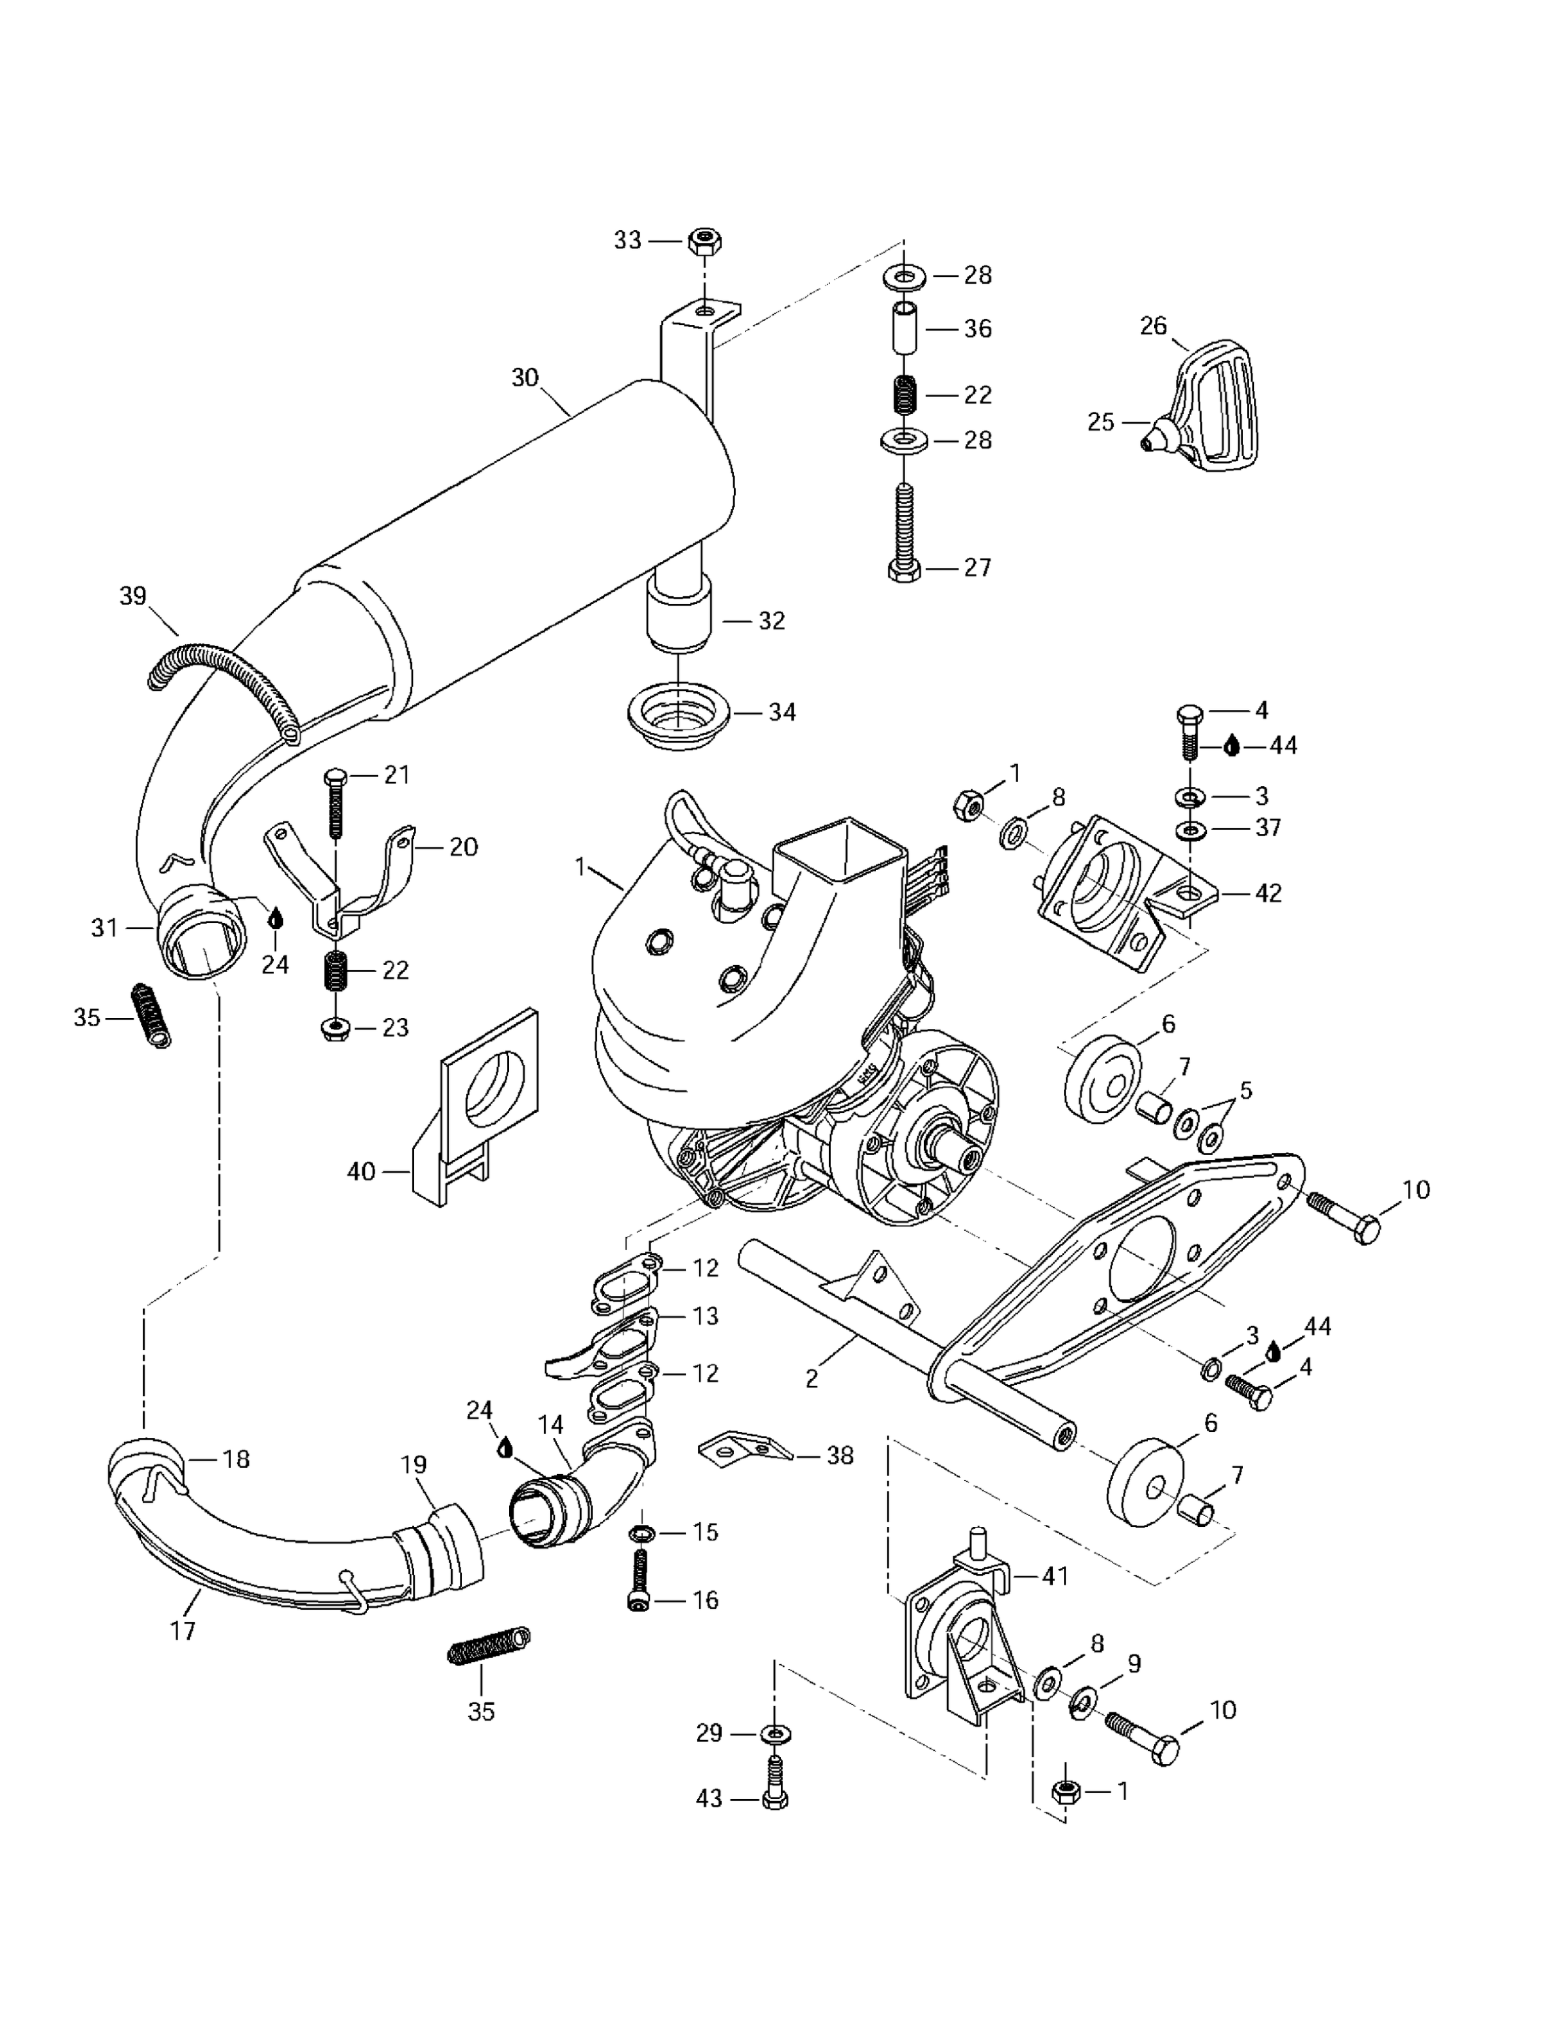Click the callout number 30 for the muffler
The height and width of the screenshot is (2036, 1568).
pyautogui.click(x=525, y=377)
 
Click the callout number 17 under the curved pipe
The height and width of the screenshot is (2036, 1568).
pyautogui.click(x=183, y=1630)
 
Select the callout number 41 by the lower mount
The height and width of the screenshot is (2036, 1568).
pyautogui.click(x=1055, y=1575)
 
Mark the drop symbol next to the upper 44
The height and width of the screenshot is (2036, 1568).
pyautogui.click(x=1231, y=746)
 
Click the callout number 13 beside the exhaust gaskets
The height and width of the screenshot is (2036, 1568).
pyautogui.click(x=706, y=1315)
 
